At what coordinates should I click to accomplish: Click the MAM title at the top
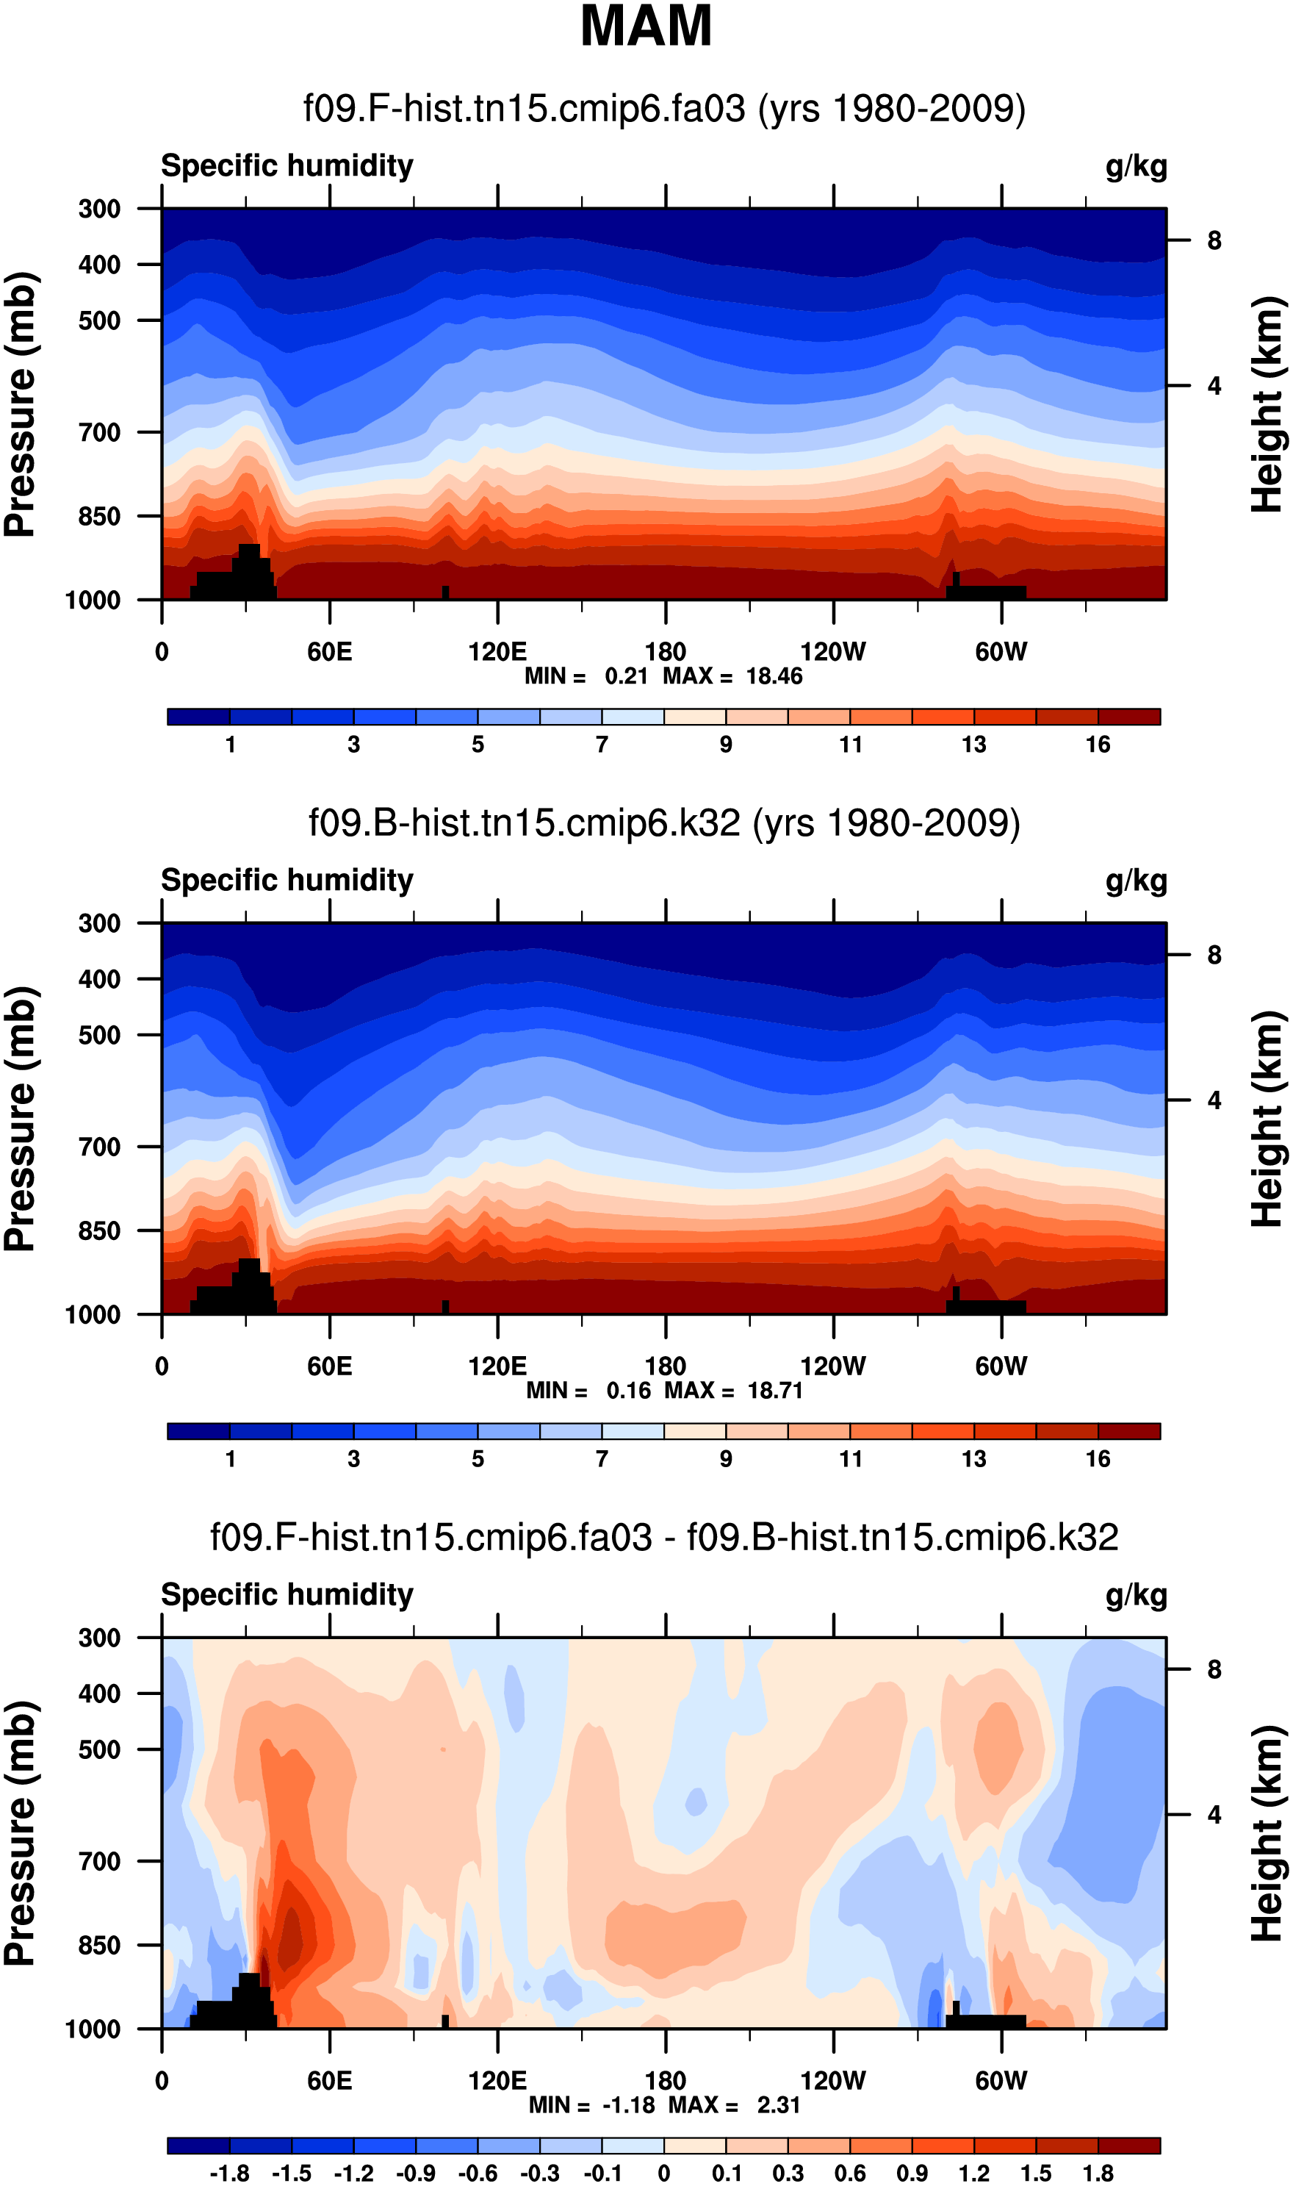tap(646, 26)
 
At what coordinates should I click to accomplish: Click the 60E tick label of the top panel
tap(329, 651)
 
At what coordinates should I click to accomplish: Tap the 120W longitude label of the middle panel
tap(833, 1366)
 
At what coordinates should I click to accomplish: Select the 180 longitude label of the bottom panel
tap(665, 2081)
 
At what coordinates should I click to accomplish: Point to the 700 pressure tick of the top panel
tap(99, 431)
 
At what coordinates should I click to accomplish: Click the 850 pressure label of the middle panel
tap(99, 1230)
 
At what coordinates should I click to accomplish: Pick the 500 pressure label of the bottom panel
tap(99, 1749)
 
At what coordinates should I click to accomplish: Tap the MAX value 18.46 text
tap(774, 676)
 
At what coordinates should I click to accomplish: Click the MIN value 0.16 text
tap(628, 1390)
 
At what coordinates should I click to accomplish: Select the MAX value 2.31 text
tap(778, 2105)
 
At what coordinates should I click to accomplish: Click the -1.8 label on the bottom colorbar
tap(229, 2174)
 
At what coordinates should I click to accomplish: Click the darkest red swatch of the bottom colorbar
tap(1129, 2145)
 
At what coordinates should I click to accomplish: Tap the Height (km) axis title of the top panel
tap(1268, 404)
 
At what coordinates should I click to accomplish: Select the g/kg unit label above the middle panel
tap(1137, 881)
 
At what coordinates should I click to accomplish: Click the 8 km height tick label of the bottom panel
tap(1214, 1670)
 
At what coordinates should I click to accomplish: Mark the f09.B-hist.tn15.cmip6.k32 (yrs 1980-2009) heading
tap(664, 823)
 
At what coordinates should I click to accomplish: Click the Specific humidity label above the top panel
tap(287, 165)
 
